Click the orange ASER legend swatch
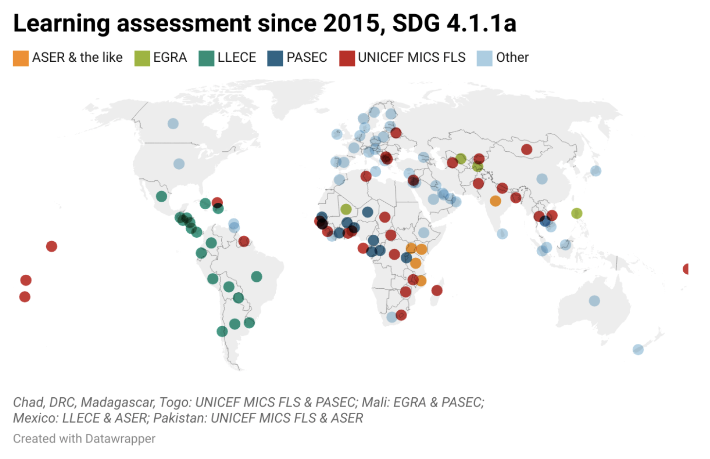[x=20, y=58]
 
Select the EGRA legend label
[x=170, y=58]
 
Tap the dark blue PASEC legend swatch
[x=275, y=58]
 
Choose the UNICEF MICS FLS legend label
[x=411, y=58]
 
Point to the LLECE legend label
[x=237, y=58]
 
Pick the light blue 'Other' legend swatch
[x=484, y=58]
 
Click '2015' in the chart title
[x=352, y=23]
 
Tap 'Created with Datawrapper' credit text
[x=84, y=439]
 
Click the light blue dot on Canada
[x=173, y=124]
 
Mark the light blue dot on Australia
[x=594, y=300]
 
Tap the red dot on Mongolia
[x=527, y=149]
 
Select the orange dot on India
[x=496, y=201]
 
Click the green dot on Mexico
[x=161, y=196]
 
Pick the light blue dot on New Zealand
[x=638, y=350]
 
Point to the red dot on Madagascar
[x=437, y=290]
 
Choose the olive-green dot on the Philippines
[x=577, y=213]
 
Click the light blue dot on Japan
[x=596, y=171]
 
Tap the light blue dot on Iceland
[x=337, y=134]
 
